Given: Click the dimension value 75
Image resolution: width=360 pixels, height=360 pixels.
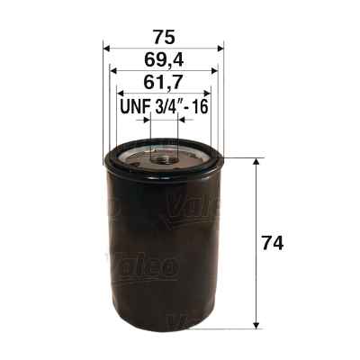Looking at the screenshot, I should click(163, 36).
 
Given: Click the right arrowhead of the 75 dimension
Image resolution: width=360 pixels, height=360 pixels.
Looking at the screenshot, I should click(220, 49).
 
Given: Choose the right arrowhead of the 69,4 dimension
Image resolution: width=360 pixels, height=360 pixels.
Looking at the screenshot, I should click(214, 72).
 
